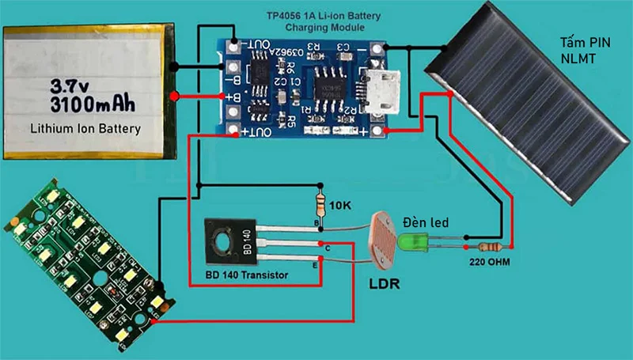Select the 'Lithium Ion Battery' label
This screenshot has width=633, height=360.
[85, 128]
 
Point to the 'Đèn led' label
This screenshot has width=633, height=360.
[426, 223]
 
